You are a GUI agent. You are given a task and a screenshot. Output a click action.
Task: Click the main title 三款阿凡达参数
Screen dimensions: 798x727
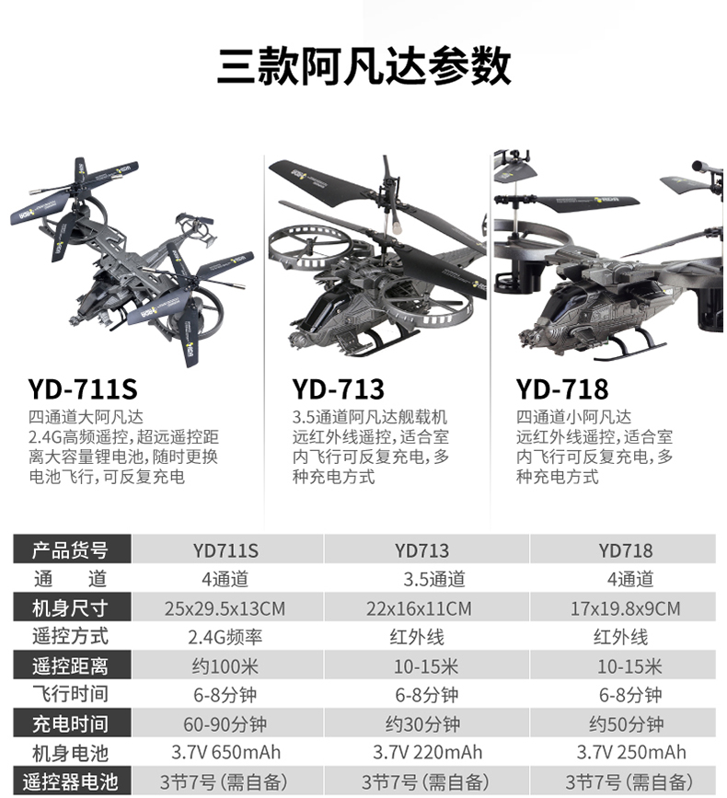pyautogui.click(x=363, y=67)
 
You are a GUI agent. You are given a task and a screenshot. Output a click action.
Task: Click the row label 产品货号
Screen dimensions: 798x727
pyautogui.click(x=70, y=550)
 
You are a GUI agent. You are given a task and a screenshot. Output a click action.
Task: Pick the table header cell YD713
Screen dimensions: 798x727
pyautogui.click(x=422, y=550)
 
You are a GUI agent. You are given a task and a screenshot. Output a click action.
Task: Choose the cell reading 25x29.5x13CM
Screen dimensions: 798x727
pyautogui.click(x=225, y=608)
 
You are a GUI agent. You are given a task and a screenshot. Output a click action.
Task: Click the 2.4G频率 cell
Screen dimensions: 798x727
pyautogui.click(x=225, y=637)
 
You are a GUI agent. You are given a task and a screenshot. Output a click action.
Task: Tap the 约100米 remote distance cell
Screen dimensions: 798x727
pyautogui.click(x=225, y=665)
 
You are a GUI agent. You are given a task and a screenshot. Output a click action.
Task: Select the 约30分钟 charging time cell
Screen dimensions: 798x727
pyautogui.click(x=422, y=723)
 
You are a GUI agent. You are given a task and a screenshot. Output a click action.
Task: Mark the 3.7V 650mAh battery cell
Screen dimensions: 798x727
pyautogui.click(x=225, y=752)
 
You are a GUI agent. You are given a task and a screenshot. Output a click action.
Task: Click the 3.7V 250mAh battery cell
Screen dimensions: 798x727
pyautogui.click(x=630, y=752)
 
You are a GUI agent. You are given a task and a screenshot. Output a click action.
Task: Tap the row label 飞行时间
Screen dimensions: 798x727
pyautogui.click(x=70, y=695)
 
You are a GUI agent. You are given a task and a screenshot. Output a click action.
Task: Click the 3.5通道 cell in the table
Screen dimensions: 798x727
pyautogui.click(x=433, y=580)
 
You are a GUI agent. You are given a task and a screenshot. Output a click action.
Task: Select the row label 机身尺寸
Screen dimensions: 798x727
pyautogui.click(x=70, y=608)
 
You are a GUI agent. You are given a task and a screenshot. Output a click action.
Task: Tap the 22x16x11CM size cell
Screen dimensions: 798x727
pyautogui.click(x=423, y=608)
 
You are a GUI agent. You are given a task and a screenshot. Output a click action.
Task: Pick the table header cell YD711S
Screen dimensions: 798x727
pyautogui.click(x=225, y=550)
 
